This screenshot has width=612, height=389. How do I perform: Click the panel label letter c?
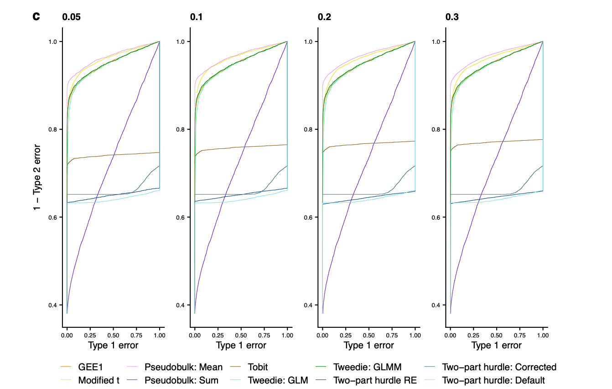pyautogui.click(x=36, y=17)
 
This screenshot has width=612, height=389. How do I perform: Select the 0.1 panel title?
pyautogui.click(x=196, y=17)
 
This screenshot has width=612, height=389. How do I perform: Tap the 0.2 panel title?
pyautogui.click(x=324, y=17)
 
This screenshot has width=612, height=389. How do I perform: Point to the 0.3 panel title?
pyautogui.click(x=452, y=17)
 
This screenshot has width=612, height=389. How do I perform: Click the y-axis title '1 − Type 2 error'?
pyautogui.click(x=37, y=178)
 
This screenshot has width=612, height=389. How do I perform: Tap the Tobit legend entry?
pyautogui.click(x=258, y=367)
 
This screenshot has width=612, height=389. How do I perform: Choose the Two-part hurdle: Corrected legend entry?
pyautogui.click(x=499, y=367)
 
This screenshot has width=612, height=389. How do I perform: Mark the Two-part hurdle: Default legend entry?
pyautogui.click(x=493, y=380)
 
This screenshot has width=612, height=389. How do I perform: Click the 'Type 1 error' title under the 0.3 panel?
pyautogui.click(x=496, y=346)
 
